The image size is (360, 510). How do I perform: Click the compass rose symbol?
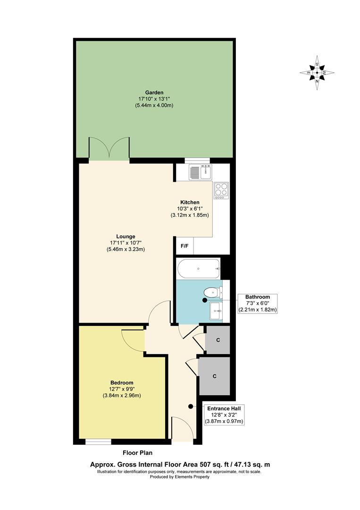click(x=317, y=73)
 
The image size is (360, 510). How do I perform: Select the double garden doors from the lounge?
click(x=109, y=150)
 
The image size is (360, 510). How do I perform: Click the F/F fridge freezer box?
click(x=184, y=246)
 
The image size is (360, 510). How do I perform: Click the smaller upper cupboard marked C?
click(x=218, y=340)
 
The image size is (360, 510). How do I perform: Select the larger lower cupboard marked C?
click(x=214, y=376)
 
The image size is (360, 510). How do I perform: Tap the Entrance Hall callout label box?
click(x=224, y=415)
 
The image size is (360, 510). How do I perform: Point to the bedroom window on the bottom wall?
click(x=98, y=442)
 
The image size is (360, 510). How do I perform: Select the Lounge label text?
click(x=126, y=237)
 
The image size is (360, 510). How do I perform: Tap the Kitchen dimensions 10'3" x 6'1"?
click(x=189, y=209)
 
